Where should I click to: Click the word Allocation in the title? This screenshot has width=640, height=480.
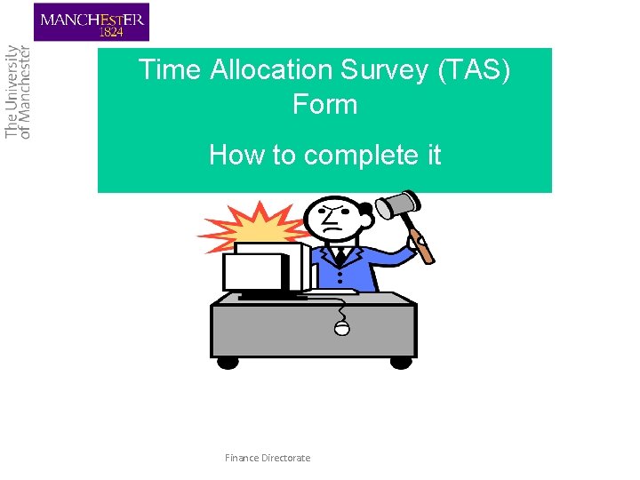[x=270, y=70]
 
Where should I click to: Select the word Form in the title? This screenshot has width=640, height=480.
[x=324, y=104]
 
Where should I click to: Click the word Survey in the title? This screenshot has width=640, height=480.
[x=382, y=70]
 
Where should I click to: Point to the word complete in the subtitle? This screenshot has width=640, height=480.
[x=346, y=155]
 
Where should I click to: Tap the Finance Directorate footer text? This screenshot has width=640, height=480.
[x=268, y=458]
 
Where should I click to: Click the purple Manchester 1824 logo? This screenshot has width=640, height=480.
[x=92, y=22]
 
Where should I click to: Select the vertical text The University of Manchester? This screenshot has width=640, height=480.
[x=18, y=92]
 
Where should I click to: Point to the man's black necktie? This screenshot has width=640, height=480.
[x=340, y=258]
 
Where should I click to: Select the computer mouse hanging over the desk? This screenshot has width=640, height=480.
[x=342, y=329]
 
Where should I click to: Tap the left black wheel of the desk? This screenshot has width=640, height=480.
[x=228, y=362]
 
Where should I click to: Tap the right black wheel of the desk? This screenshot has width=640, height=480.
[x=401, y=362]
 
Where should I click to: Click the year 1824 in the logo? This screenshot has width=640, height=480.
[x=113, y=32]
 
